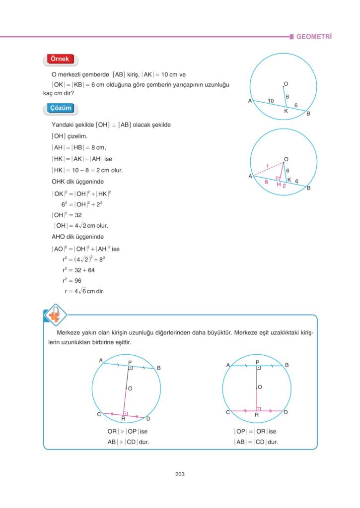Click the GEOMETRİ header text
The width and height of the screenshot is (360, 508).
314,37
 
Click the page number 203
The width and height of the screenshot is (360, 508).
180,474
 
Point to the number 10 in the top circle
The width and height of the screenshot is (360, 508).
271,101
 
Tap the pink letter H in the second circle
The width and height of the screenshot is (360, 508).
279,184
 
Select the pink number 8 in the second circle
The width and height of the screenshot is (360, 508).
267,182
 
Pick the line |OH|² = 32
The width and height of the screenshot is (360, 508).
67,215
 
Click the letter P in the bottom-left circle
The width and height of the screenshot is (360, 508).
130,363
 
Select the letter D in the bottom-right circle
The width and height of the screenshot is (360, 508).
286,412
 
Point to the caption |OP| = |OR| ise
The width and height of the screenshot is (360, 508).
255,432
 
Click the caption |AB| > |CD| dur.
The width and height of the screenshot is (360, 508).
127,442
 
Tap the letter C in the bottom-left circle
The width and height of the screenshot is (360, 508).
99,414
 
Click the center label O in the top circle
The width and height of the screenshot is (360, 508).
286,83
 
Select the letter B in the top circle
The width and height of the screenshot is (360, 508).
308,115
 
